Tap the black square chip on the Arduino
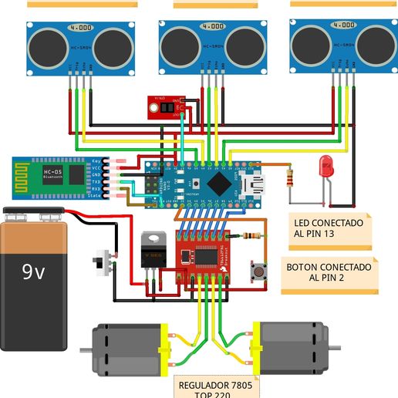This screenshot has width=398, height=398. [220, 183]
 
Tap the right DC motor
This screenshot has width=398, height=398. [289, 346]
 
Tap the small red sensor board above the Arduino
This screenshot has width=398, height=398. [165, 103]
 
